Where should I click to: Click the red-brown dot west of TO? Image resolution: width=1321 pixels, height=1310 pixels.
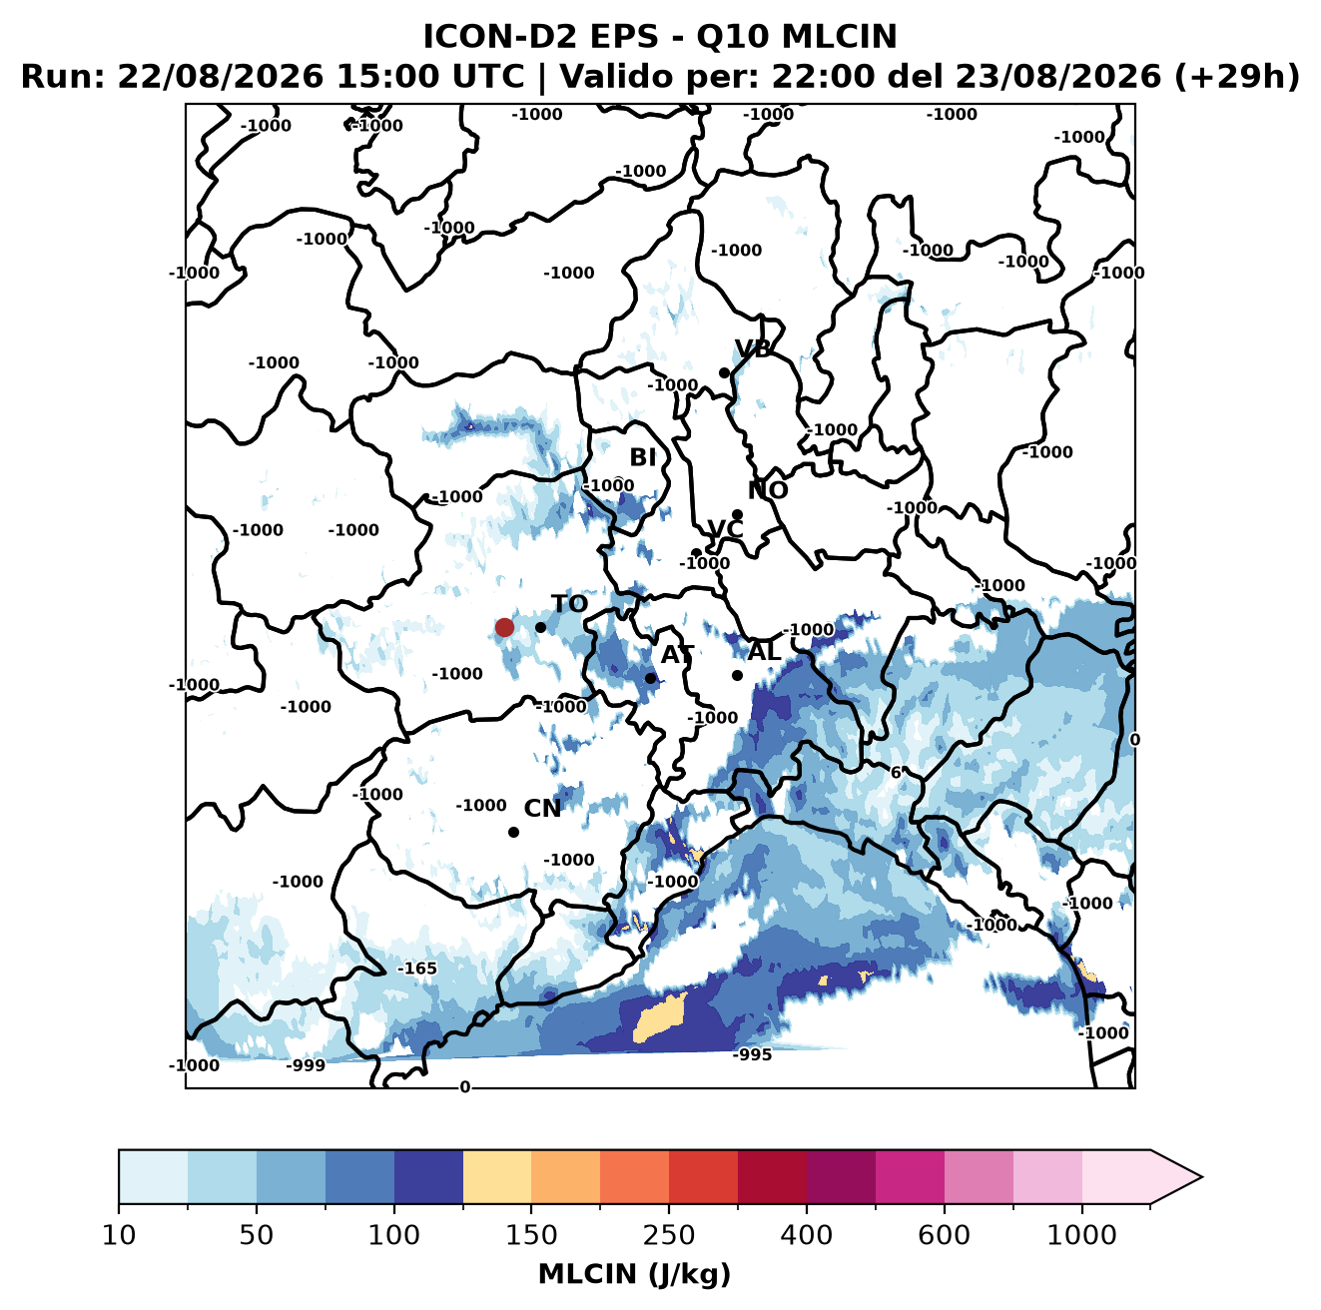(504, 627)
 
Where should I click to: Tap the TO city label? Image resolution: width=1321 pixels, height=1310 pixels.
(570, 604)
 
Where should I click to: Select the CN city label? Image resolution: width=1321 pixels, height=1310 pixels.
(542, 809)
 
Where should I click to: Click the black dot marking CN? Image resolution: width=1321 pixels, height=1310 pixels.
(513, 832)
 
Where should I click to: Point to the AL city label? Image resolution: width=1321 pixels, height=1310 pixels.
(765, 651)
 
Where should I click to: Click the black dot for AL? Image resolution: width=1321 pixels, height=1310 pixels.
(737, 675)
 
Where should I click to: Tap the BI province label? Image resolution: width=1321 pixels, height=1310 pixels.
(642, 457)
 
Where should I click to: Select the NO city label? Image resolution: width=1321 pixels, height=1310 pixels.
(768, 490)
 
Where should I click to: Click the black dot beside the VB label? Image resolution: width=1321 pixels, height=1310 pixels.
(724, 372)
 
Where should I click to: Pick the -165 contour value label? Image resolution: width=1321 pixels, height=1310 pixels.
(416, 969)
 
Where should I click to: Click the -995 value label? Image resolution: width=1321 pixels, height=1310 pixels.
(752, 1055)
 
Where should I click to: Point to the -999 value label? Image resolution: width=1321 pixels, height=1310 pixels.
(306, 1065)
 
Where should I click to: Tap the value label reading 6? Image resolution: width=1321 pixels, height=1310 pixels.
(896, 773)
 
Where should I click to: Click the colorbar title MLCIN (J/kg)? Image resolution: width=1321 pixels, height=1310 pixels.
(634, 1274)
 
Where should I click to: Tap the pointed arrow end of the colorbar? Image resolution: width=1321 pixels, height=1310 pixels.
(1200, 1177)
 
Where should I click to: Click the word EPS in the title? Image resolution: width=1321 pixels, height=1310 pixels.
(624, 36)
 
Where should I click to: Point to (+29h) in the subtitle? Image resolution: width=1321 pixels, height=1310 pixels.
(1236, 77)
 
